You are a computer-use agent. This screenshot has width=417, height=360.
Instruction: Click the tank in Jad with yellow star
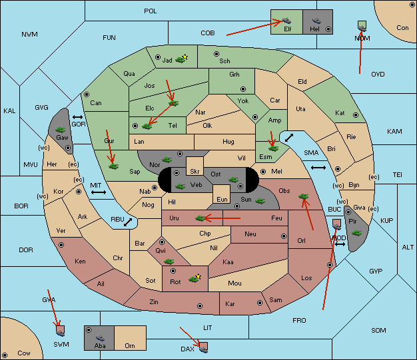click(x=181, y=59)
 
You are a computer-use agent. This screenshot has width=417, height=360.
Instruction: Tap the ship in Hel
click(x=316, y=21)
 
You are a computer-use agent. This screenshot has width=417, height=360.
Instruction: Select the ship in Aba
click(x=100, y=338)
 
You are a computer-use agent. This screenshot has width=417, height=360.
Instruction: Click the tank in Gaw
click(x=61, y=130)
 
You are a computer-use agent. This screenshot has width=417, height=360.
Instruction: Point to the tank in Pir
click(x=356, y=233)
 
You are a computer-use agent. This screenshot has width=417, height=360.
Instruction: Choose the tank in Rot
click(x=195, y=278)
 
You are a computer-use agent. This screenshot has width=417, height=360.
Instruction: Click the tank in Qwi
click(x=169, y=262)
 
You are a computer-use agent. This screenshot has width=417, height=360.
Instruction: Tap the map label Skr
click(x=195, y=172)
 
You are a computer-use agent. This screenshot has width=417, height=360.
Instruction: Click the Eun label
click(x=222, y=199)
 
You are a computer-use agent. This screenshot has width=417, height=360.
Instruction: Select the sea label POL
click(x=151, y=11)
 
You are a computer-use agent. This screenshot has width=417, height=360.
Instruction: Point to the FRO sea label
click(x=299, y=321)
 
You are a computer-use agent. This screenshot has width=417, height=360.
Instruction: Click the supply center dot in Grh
click(x=243, y=89)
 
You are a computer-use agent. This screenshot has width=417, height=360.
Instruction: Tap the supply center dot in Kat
click(x=356, y=115)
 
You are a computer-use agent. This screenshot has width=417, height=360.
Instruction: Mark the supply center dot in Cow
click(x=5, y=355)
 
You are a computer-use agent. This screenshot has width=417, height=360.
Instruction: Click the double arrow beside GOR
click(x=78, y=117)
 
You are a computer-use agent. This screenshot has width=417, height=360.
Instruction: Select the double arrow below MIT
click(x=99, y=192)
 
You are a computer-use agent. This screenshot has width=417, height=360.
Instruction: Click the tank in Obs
click(x=304, y=196)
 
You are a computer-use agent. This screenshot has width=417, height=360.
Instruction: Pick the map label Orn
click(x=130, y=346)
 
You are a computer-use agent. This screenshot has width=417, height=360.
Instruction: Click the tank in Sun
click(x=260, y=201)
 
